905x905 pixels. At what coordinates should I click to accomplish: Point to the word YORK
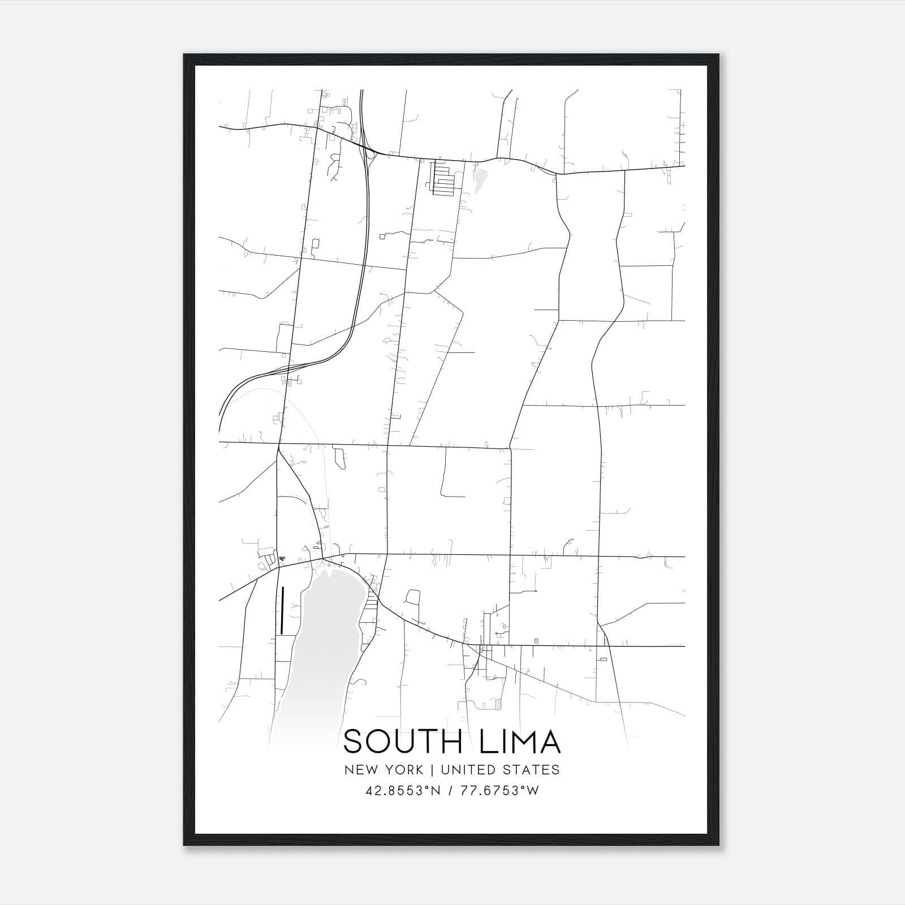(403, 770)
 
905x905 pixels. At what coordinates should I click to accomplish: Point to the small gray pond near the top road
(480, 179)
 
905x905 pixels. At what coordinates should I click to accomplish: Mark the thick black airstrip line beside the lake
(282, 610)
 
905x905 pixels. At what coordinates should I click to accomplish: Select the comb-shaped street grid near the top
(443, 179)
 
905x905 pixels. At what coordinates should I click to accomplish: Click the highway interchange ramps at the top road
(369, 154)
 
